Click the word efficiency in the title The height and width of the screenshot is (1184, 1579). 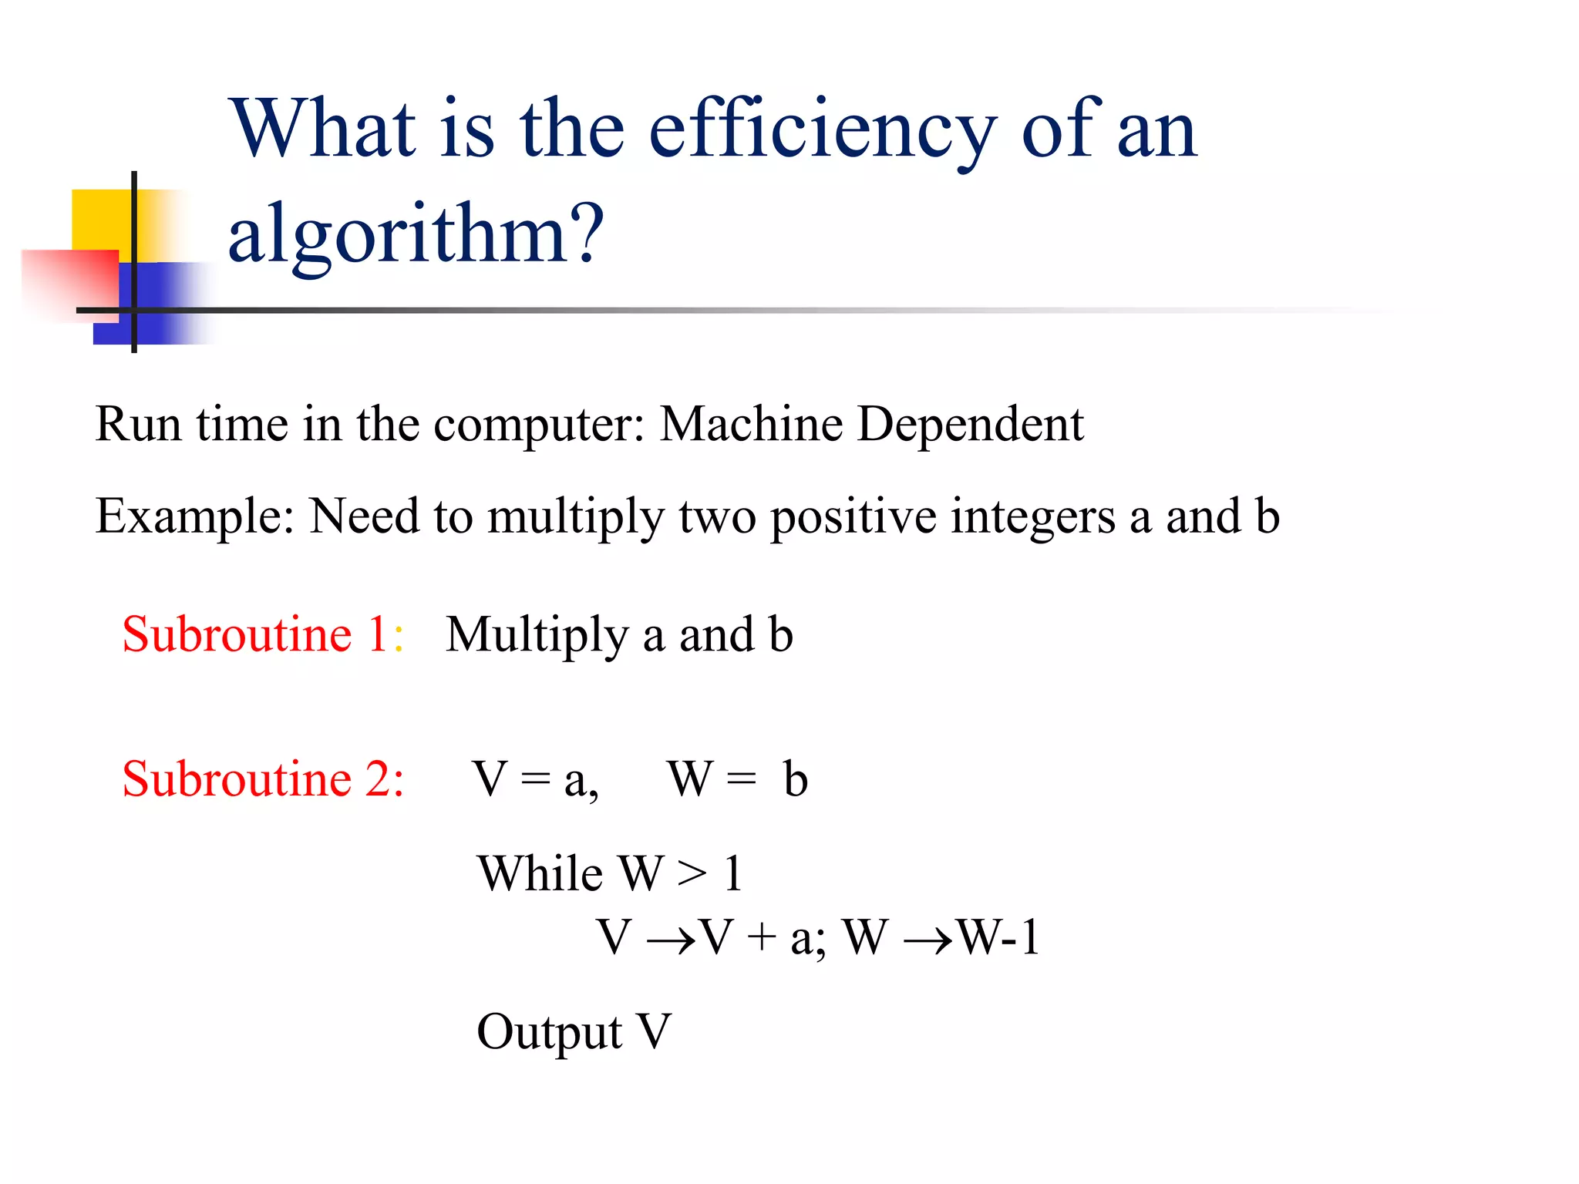[x=822, y=131]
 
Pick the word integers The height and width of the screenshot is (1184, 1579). [x=1032, y=516]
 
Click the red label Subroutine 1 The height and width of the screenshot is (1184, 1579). [x=254, y=634]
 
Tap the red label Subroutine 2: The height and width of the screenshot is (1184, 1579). [x=263, y=779]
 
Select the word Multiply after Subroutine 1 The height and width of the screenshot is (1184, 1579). [x=537, y=636]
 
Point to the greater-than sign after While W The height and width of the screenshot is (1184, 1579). [x=692, y=875]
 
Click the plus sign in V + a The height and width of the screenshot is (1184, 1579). [x=761, y=940]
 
